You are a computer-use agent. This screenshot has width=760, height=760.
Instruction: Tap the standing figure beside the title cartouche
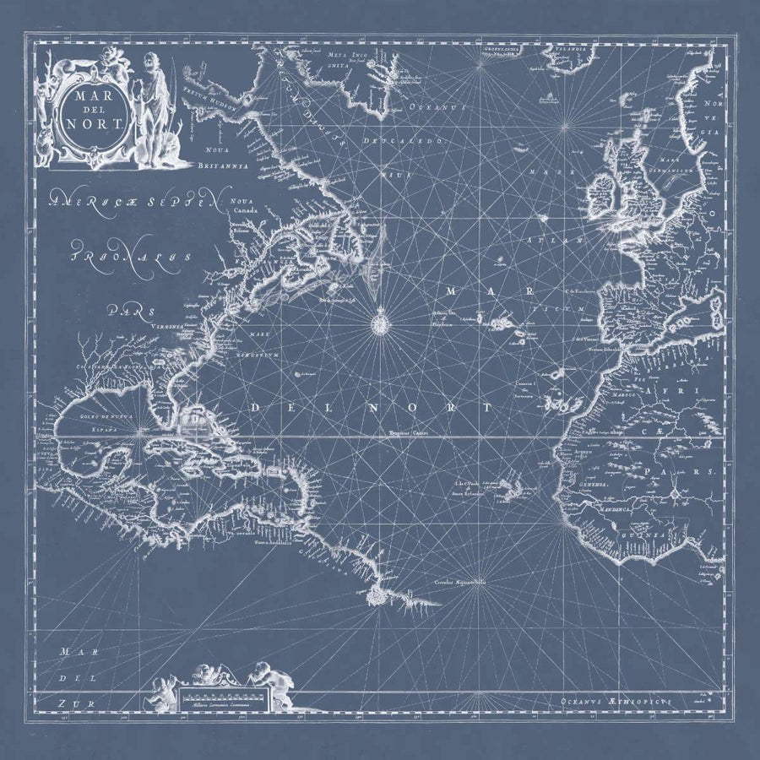152,106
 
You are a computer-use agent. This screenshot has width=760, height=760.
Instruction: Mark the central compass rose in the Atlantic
379,321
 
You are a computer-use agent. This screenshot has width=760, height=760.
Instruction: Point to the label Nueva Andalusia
274,544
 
